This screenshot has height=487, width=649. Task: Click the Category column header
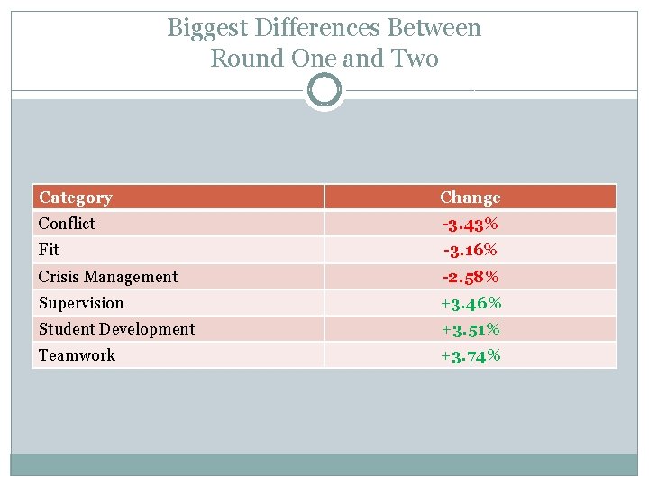76,198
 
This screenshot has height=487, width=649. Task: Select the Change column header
470,198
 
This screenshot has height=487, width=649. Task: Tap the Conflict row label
67,224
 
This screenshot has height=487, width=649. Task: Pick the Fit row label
49,250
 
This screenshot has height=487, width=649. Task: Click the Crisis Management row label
108,277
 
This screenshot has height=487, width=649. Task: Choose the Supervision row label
81,303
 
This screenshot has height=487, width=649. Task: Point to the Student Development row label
116,329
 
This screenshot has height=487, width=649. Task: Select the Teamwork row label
77,355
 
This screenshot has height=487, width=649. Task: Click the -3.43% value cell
470,224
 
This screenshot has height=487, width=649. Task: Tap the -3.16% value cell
470,250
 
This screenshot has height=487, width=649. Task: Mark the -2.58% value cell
470,277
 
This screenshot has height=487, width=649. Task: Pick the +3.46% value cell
470,303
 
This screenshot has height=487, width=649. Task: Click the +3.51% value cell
470,329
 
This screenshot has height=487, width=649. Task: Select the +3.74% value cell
470,355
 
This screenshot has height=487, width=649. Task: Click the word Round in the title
245,60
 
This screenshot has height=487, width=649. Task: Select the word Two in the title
416,60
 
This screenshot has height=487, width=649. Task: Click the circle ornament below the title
324,90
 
